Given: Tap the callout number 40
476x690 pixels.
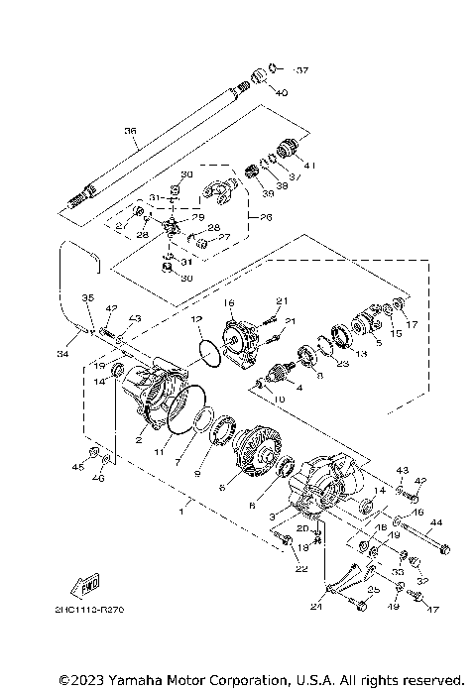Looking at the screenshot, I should [282, 92].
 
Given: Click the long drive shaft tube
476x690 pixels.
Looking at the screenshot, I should [159, 139].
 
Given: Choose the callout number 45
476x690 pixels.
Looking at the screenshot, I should [77, 465].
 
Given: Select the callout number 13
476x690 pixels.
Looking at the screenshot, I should [361, 353].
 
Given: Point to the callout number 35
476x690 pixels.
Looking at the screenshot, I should [87, 297].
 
